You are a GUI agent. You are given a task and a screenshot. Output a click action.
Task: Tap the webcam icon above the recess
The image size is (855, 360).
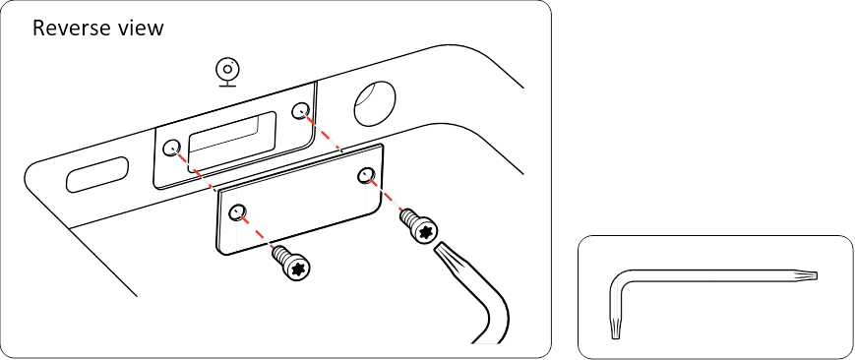pyautogui.click(x=228, y=73)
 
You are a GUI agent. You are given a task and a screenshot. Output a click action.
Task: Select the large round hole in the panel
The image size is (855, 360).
pyautogui.click(x=374, y=102)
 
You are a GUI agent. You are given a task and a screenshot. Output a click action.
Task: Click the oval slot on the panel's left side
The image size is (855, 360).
pyautogui.click(x=97, y=174)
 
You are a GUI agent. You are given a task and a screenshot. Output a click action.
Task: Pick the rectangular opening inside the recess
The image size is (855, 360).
pyautogui.click(x=232, y=143)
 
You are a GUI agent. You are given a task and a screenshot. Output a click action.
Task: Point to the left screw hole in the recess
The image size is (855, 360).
pyautogui.click(x=172, y=147)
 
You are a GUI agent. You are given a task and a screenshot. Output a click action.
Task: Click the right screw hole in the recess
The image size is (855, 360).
pyautogui.click(x=299, y=111)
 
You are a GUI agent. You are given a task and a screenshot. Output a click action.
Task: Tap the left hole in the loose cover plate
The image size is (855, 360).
pyautogui.click(x=237, y=211)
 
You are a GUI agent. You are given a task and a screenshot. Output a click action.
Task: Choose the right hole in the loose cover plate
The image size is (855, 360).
pyautogui.click(x=365, y=175)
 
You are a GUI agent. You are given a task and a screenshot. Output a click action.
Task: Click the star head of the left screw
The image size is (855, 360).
pyautogui.click(x=298, y=268)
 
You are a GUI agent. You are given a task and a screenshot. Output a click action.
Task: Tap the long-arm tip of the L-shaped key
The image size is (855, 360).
pyautogui.click(x=814, y=275)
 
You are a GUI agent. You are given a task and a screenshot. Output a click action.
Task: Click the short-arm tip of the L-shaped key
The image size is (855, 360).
pyautogui.click(x=615, y=336)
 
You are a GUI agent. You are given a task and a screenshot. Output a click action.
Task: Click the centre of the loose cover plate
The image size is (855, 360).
pyautogui.click(x=300, y=199)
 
